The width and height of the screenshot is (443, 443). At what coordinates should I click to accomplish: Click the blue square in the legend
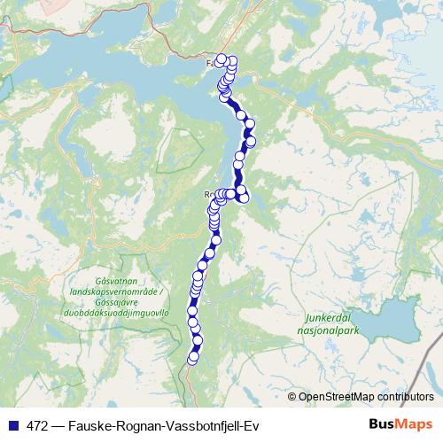coord(9,424)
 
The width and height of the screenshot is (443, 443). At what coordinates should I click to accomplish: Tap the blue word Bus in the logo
coord(383,424)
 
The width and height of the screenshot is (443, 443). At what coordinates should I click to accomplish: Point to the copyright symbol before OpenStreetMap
coord(292,398)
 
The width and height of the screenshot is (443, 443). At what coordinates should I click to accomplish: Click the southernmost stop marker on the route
coord(192,359)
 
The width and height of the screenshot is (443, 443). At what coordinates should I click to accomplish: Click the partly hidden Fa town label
coord(211,63)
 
